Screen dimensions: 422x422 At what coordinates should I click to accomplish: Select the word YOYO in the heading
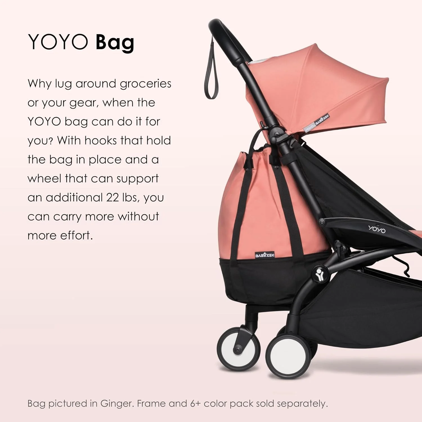tap(58, 42)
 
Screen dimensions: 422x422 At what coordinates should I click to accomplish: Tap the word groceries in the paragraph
tap(145, 84)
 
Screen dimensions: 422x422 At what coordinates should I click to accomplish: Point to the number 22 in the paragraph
tap(112, 197)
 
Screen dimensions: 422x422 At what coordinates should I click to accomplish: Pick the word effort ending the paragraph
tap(76, 235)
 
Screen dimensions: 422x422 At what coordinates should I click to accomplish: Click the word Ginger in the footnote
tap(117, 404)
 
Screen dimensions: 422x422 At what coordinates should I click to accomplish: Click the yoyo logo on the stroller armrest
tap(377, 229)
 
